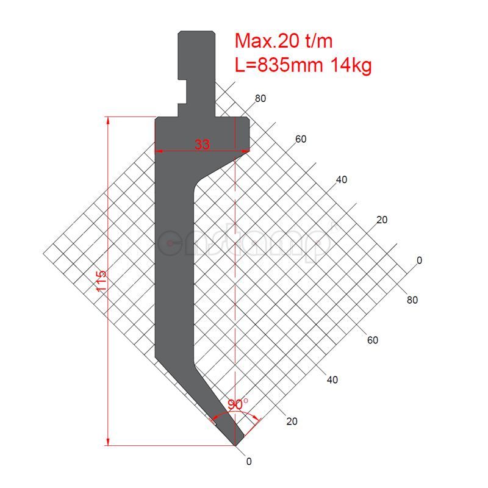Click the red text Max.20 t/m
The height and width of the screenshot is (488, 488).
click(284, 41)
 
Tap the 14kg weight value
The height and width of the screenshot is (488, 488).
click(351, 65)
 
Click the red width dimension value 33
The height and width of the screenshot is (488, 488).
click(203, 145)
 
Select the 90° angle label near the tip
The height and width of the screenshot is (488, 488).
click(237, 404)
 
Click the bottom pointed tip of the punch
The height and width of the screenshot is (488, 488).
click(235, 444)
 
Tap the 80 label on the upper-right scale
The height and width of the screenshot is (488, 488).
click(260, 98)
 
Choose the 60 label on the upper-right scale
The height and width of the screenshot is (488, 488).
click(301, 139)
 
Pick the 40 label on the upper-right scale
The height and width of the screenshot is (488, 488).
click(342, 179)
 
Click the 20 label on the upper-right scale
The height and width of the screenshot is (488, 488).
click(382, 220)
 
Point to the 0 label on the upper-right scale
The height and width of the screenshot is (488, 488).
click(419, 260)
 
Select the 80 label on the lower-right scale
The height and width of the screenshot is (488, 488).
click(412, 300)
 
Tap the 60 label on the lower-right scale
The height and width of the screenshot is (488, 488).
click(372, 340)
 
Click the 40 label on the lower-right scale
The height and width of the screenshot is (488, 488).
click(332, 380)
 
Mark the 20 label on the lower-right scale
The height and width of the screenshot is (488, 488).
click(292, 421)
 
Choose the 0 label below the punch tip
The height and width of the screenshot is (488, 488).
click(248, 461)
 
